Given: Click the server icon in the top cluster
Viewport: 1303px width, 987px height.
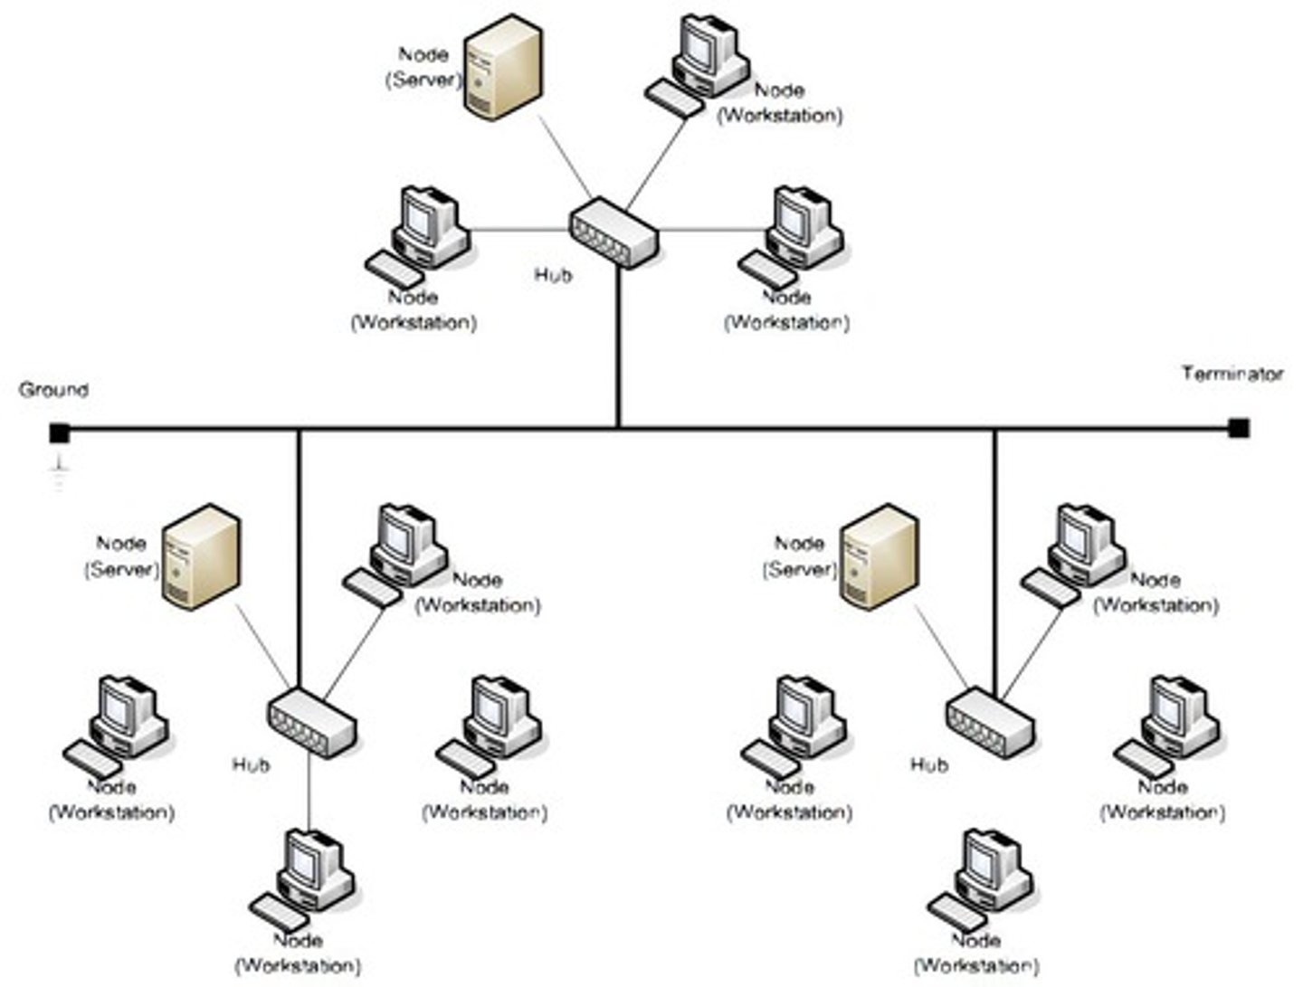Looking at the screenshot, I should [503, 67].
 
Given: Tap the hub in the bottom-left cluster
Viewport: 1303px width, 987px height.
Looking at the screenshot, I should [310, 722].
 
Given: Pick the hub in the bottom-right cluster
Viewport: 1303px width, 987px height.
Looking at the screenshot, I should [990, 722].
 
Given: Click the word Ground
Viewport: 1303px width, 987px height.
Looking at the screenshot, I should [53, 390].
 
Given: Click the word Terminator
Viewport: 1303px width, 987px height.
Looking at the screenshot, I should [1232, 374].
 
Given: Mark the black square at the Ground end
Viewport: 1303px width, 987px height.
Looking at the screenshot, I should [60, 433].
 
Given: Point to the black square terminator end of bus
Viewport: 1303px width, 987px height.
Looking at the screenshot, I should [1239, 428].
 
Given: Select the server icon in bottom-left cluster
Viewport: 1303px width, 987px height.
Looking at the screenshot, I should [201, 556].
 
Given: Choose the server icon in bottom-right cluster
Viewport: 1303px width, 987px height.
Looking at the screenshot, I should [879, 556].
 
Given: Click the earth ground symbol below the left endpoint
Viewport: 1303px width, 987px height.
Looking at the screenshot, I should [60, 470].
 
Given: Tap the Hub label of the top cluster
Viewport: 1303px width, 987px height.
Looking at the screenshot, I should [552, 274].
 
